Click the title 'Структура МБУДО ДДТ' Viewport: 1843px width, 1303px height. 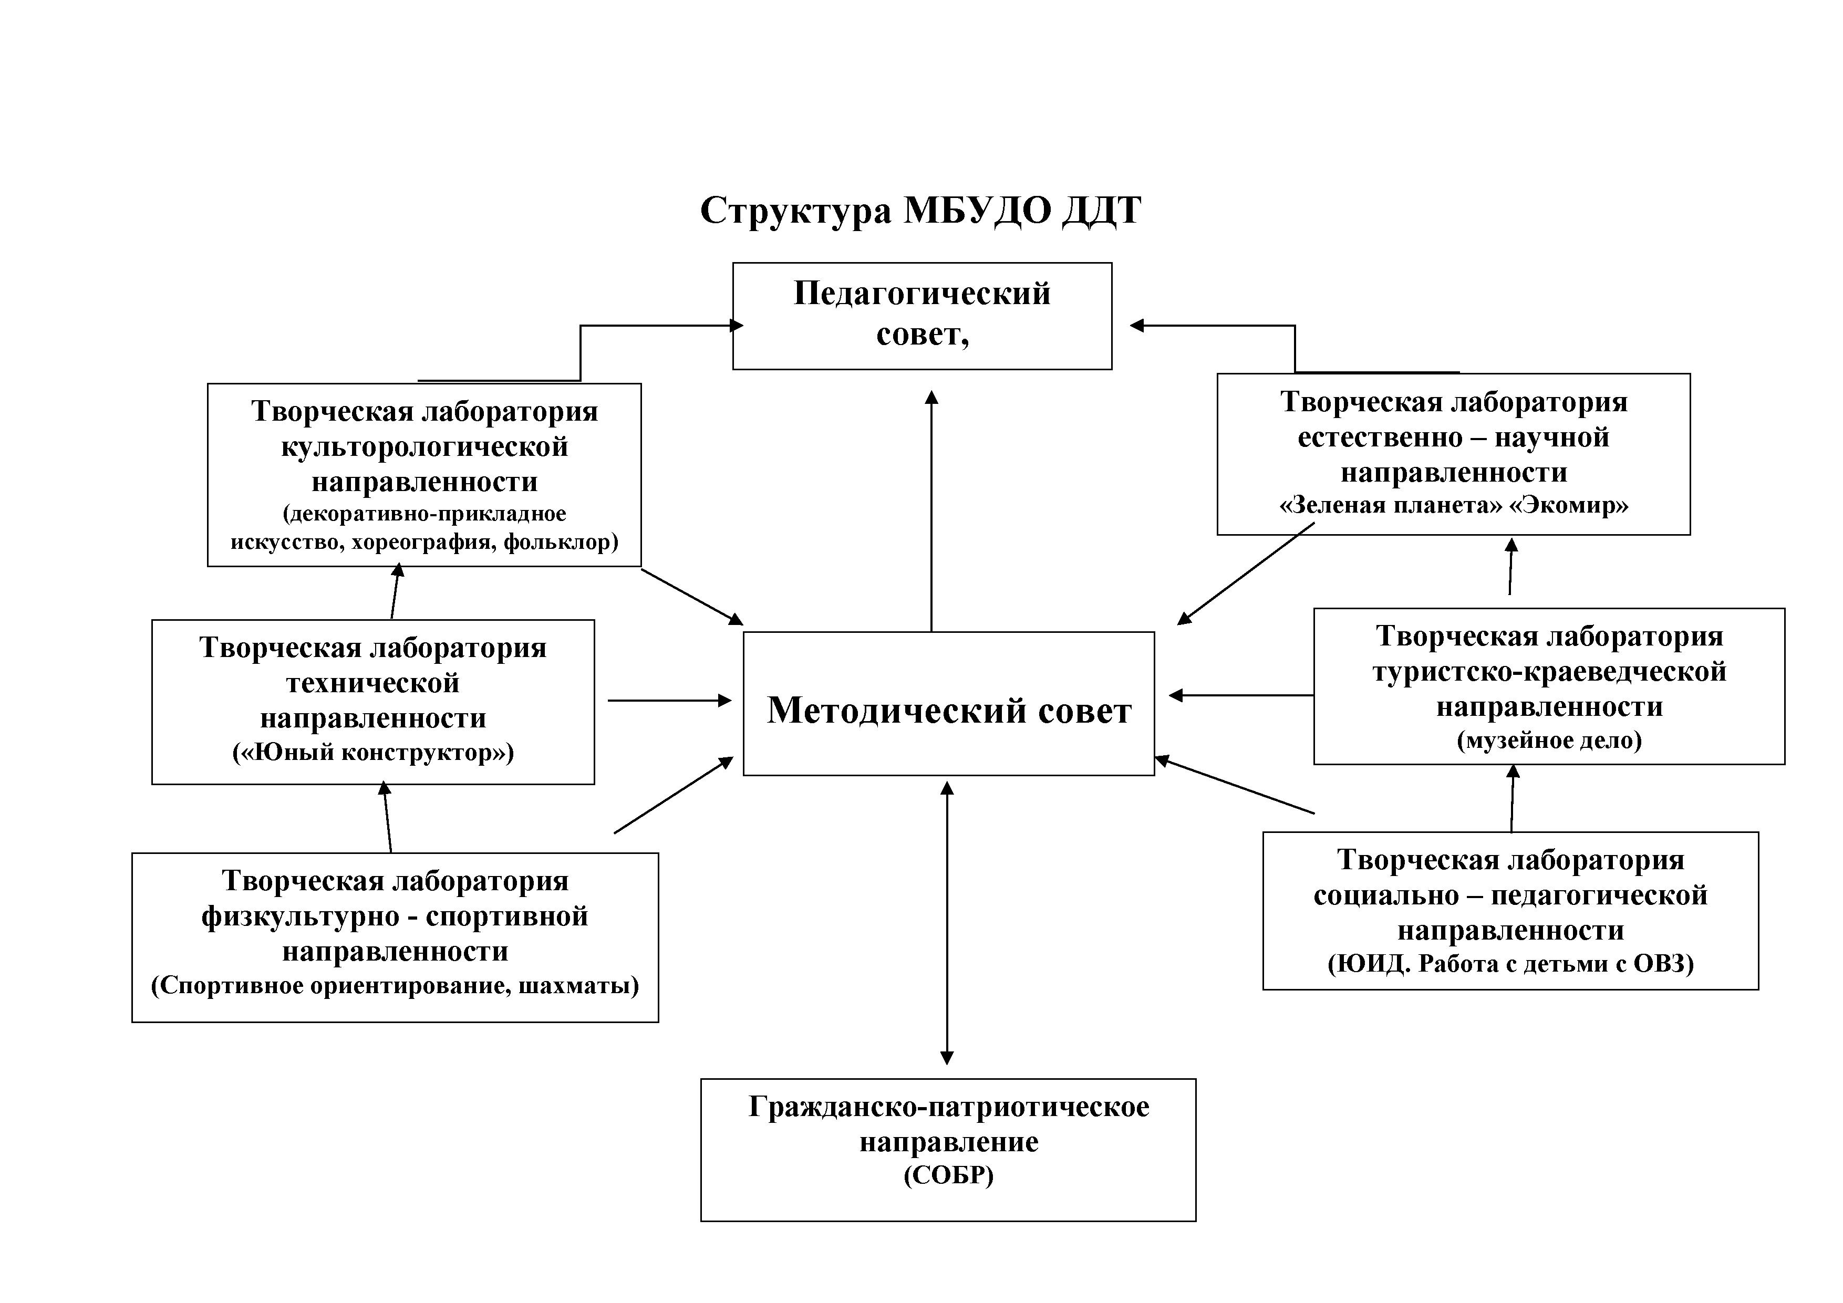click(920, 211)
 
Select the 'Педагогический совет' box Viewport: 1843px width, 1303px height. click(921, 315)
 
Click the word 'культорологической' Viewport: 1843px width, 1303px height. click(424, 447)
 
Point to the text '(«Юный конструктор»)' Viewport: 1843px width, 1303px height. click(373, 753)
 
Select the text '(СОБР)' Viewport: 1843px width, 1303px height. click(948, 1175)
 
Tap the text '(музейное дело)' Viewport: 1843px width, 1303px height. click(1549, 740)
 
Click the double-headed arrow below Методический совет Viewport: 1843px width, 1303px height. click(947, 923)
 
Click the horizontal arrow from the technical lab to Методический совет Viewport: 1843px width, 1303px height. click(669, 701)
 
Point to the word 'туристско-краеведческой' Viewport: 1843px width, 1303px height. click(1549, 672)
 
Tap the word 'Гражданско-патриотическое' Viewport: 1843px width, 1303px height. click(948, 1107)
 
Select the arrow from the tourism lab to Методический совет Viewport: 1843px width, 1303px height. click(1241, 696)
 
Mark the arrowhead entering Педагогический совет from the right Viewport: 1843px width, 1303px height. click(1136, 326)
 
